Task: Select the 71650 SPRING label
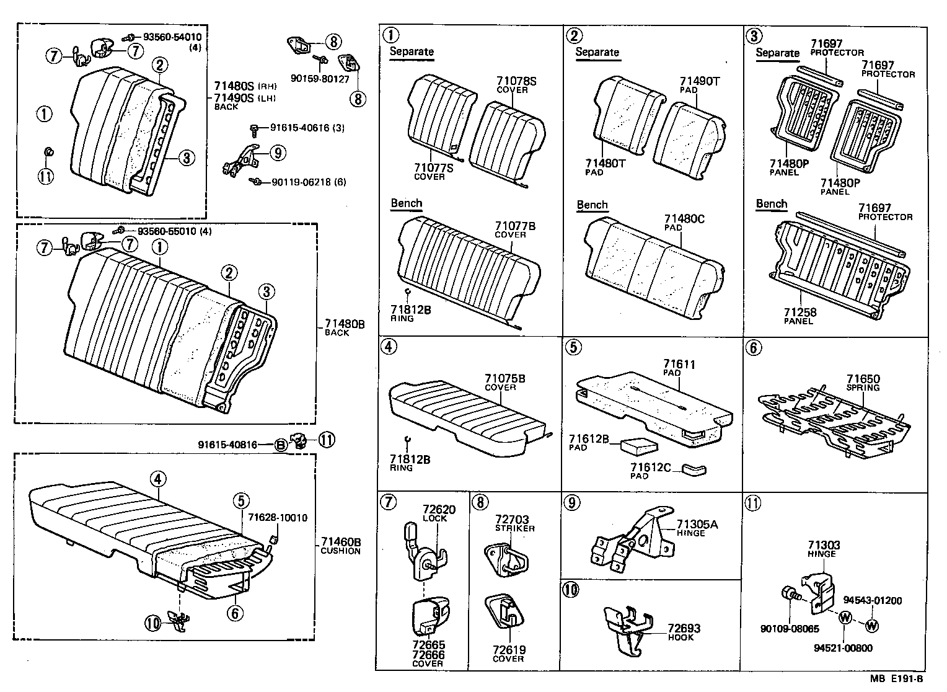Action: click(x=863, y=383)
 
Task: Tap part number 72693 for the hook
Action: click(x=684, y=629)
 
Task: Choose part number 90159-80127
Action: click(x=320, y=79)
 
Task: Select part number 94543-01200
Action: click(x=872, y=600)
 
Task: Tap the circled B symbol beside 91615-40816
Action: click(x=281, y=444)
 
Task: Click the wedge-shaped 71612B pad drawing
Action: click(x=633, y=445)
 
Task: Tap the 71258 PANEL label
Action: click(x=798, y=316)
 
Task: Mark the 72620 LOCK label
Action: click(x=439, y=513)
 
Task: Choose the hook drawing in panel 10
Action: click(x=628, y=627)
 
